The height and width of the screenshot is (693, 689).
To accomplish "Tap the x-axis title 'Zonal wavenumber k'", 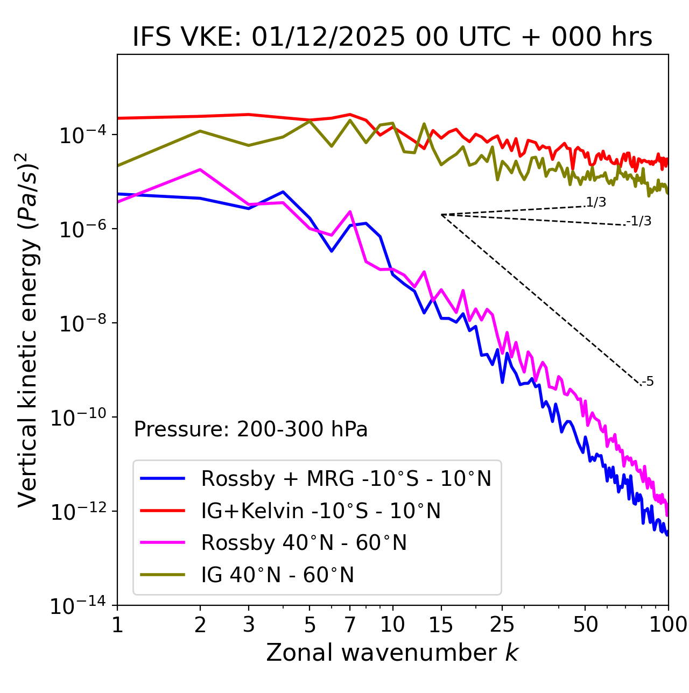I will (392, 652).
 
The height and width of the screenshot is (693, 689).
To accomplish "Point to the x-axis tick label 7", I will (350, 625).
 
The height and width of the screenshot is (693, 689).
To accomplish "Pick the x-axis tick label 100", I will (668, 625).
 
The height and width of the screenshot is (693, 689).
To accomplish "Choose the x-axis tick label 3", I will (249, 625).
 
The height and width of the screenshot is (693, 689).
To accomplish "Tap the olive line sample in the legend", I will (163, 575).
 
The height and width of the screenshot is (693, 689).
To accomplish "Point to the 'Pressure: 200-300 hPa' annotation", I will (251, 429).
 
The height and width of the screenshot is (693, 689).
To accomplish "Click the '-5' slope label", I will (648, 381).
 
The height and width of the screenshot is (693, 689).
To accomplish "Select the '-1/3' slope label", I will (639, 221).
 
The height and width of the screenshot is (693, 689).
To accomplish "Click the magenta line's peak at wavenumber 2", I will (200, 169).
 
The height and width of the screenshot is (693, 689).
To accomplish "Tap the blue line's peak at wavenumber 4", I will (283, 192).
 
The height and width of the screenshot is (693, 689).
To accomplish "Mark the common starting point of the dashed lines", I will (441, 215).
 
